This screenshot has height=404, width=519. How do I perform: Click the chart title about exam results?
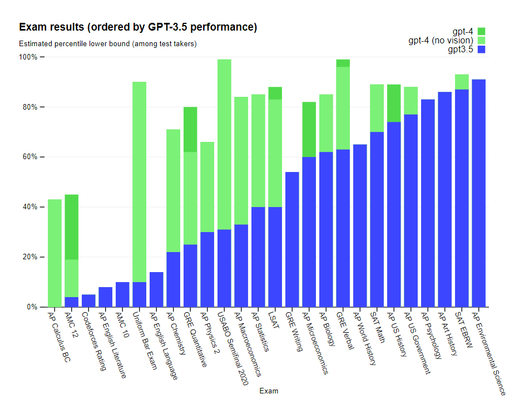137,27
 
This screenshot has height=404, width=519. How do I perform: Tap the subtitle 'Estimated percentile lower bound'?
107,43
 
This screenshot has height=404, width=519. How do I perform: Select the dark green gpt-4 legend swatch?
482,31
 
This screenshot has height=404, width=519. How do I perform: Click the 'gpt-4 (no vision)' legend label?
441,40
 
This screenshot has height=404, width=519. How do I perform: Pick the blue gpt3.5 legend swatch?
482,50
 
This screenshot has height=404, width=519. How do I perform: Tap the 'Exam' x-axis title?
269,391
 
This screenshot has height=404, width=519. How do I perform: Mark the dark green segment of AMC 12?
71,227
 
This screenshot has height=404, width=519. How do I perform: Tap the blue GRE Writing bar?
292,239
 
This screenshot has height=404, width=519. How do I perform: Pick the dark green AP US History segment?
394,103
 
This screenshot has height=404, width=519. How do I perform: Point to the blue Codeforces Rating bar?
88,300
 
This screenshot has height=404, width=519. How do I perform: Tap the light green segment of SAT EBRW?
462,82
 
